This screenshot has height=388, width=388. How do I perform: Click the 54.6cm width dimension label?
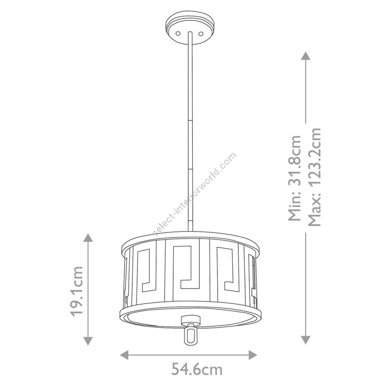coord(197,369)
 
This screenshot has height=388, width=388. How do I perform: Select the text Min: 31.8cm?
coord(295,178)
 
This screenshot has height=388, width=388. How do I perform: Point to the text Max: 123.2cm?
coord(314,177)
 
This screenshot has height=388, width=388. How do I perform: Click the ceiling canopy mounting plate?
coord(190,29)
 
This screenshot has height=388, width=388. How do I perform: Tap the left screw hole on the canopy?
coord(178,33)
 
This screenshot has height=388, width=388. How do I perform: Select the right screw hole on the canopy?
coord(200,34)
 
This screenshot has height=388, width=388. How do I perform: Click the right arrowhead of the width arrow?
coord(253,355)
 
